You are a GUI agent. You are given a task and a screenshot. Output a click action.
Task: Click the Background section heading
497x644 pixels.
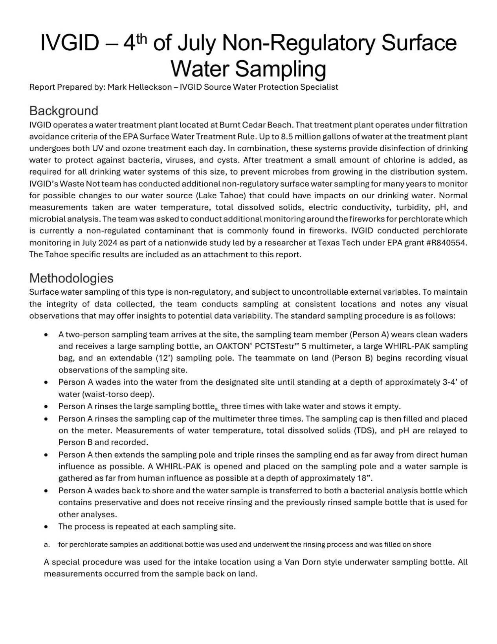pyautogui.click(x=64, y=111)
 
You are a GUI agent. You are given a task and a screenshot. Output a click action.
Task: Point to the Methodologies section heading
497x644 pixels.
pyautogui.click(x=71, y=278)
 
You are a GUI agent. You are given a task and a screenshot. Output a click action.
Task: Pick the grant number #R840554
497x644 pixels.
pyautogui.click(x=444, y=242)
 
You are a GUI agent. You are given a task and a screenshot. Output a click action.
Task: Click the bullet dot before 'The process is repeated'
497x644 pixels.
pyautogui.click(x=47, y=526)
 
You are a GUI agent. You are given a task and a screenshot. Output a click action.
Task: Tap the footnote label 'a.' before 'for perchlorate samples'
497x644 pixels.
pyautogui.click(x=47, y=545)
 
